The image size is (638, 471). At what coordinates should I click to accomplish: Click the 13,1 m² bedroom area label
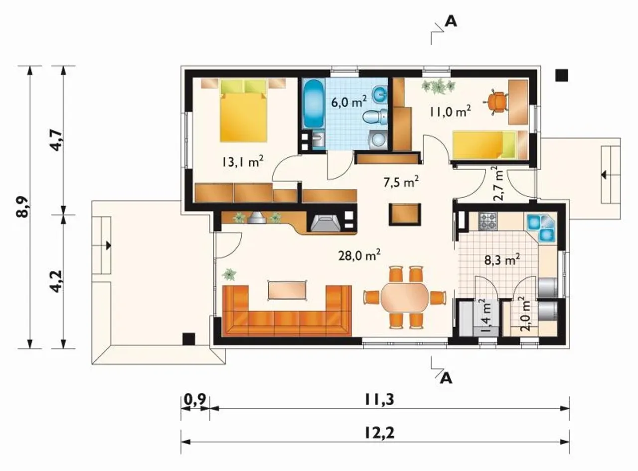coord(242,162)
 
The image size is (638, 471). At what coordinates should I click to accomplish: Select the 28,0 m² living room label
coord(359,255)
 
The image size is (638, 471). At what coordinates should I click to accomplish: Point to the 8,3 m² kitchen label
coord(502,260)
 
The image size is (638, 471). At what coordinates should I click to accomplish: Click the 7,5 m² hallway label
coord(401,182)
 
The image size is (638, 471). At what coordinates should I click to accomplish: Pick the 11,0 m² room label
coord(451,111)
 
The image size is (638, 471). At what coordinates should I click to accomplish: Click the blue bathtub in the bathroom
coord(314,105)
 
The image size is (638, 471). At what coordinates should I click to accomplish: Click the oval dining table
coord(405,298)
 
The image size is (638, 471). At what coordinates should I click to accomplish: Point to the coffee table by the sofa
coord(287,290)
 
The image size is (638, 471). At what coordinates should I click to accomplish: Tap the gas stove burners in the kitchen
coord(488,222)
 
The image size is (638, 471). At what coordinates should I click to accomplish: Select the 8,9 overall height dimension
coord(23,207)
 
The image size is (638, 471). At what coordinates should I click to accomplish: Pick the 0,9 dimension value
coord(195,399)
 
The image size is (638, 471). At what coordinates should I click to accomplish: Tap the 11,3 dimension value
coord(379,399)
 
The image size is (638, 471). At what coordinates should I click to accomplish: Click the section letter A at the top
coord(451,21)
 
